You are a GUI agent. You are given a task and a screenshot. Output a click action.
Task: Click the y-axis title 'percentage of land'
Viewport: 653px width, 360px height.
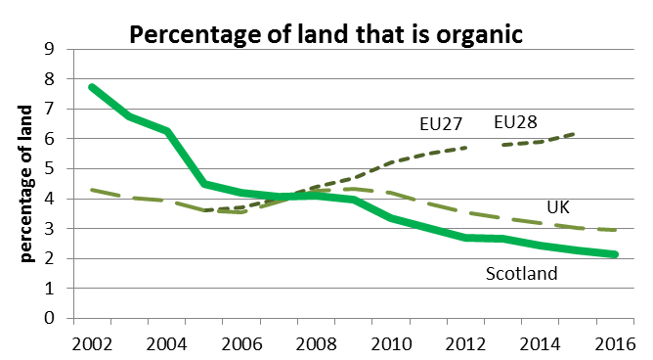point(28,183)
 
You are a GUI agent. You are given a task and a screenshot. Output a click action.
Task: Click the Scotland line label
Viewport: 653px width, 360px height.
point(521,274)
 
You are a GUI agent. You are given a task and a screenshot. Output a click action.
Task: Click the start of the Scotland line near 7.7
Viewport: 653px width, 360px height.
point(92,87)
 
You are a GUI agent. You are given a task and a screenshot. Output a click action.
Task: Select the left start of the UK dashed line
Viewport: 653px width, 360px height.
point(92,189)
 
